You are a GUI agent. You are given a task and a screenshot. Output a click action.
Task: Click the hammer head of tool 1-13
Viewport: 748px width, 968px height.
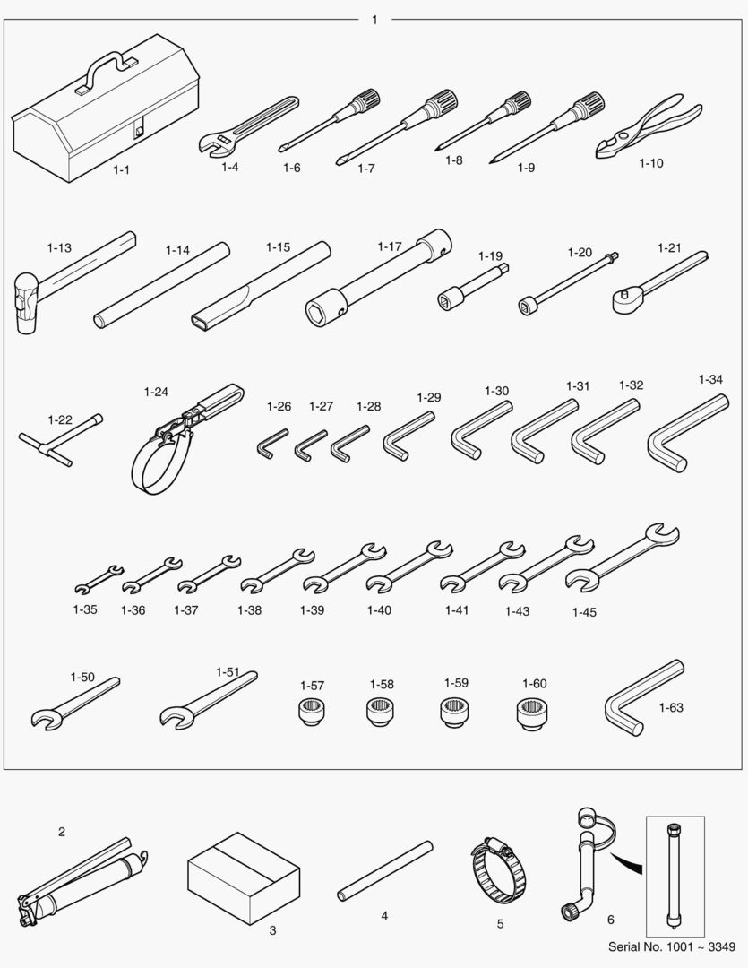(27, 303)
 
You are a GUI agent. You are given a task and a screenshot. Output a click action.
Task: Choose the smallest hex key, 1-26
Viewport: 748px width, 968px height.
(270, 444)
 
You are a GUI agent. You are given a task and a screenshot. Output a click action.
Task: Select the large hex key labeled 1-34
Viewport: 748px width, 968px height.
(686, 435)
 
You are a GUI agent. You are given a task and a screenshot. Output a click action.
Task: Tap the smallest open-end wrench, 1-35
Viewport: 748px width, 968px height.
(99, 579)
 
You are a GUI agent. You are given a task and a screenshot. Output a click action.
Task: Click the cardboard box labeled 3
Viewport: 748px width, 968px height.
(244, 877)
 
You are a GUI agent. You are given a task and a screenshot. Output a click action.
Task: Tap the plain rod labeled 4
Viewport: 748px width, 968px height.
(385, 870)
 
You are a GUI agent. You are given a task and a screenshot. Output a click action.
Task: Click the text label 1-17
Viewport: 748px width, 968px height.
(390, 246)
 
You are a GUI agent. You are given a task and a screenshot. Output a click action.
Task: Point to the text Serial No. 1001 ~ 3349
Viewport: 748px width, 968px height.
(672, 947)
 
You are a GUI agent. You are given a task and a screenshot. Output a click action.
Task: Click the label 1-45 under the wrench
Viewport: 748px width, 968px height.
(584, 612)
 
